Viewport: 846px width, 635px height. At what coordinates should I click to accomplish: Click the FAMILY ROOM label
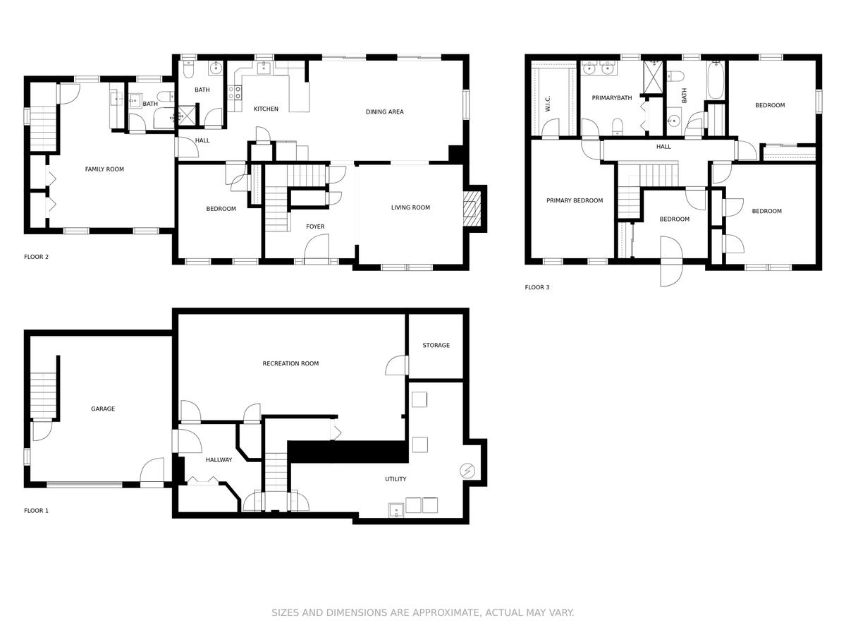(104, 169)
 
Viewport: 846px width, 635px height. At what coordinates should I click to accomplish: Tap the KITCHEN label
(266, 109)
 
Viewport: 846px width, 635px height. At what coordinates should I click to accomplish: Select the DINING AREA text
(385, 111)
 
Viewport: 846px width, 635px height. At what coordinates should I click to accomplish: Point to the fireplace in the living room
(470, 209)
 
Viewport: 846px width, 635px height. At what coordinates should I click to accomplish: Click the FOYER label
(315, 226)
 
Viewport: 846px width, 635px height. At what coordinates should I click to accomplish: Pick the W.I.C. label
(548, 104)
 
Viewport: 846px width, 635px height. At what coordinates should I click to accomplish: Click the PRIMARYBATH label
(612, 98)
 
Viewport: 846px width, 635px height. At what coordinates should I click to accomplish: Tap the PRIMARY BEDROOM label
(575, 200)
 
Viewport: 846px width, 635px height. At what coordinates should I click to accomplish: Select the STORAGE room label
(436, 345)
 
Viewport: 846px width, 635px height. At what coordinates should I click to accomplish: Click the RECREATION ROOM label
(290, 363)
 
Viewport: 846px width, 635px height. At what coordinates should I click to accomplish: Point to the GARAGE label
(103, 409)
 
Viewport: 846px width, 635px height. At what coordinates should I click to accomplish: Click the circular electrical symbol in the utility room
(467, 471)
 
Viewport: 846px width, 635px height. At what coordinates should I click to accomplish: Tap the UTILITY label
(396, 479)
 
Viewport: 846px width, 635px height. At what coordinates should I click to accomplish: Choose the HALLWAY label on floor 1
(219, 459)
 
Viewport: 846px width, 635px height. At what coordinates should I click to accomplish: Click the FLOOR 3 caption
(537, 287)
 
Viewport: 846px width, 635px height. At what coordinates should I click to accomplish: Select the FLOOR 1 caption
(36, 510)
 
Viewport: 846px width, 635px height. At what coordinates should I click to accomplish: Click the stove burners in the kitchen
(235, 92)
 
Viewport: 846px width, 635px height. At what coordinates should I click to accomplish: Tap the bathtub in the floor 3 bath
(716, 80)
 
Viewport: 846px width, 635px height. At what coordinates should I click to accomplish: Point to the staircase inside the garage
(43, 396)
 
